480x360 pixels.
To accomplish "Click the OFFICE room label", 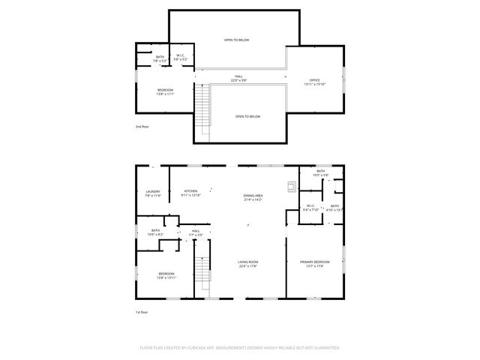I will [315, 80].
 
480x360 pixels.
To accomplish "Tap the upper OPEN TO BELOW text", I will [236, 40].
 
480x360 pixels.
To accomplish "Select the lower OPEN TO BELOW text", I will [247, 116].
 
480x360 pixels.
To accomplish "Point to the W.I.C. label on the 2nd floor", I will [181, 56].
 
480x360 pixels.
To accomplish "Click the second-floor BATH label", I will [160, 56].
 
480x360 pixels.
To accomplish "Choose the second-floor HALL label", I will [238, 76].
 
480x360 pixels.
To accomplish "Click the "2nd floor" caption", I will [142, 127].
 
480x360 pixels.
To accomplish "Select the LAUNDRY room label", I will [152, 192].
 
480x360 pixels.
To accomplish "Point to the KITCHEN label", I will [190, 192].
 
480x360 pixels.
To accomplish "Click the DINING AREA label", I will [253, 196].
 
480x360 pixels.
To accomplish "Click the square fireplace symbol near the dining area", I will [290, 187].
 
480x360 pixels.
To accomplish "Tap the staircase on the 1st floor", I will [201, 273].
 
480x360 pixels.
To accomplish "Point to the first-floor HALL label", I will [195, 231].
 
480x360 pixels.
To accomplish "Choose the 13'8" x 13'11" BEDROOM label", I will [166, 274].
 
